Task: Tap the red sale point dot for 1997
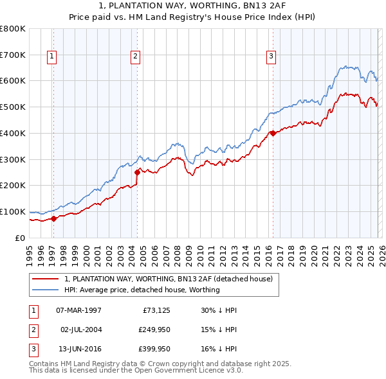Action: [x=54, y=218]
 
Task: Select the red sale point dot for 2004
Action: [x=137, y=172]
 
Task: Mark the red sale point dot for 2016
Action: [x=273, y=133]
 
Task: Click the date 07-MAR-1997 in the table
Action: [x=78, y=310]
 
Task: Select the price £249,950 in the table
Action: [x=154, y=330]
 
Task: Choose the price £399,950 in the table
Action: [x=154, y=349]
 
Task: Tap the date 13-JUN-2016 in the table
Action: [x=78, y=349]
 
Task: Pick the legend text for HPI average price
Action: [x=142, y=290]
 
